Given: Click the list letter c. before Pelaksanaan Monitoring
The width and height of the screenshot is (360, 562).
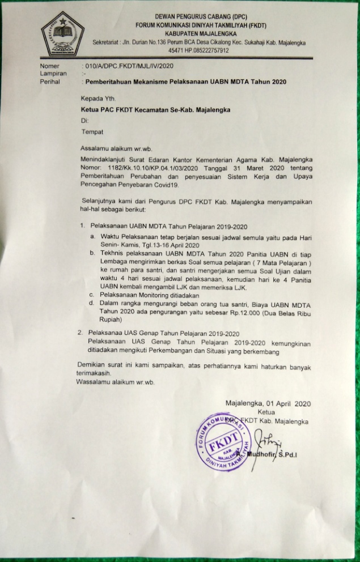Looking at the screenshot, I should click(x=92, y=296).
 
